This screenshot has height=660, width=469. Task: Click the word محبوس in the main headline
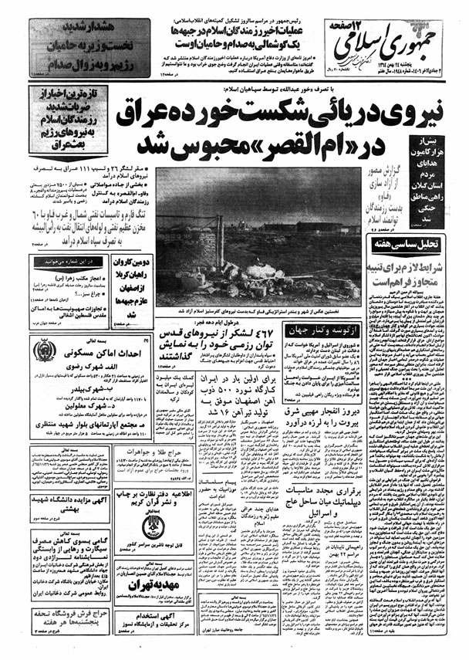(x=231, y=144)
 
